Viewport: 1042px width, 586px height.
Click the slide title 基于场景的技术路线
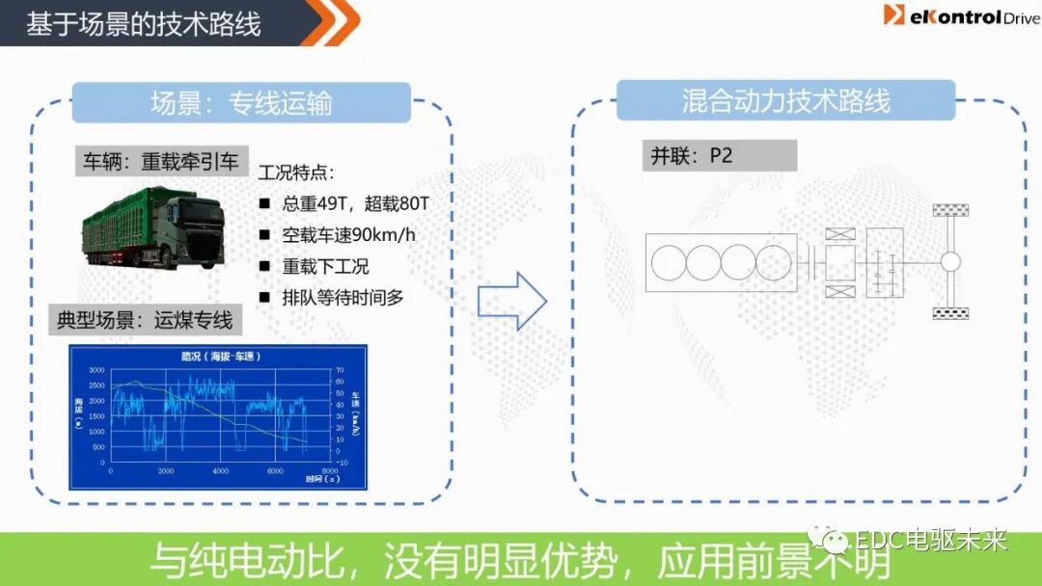pyautogui.click(x=144, y=24)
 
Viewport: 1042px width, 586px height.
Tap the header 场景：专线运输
pyautogui.click(x=241, y=102)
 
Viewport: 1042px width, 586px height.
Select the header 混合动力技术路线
pyautogui.click(x=785, y=100)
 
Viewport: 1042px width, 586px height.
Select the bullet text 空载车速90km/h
pyautogui.click(x=348, y=234)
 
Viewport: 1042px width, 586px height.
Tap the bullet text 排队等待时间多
pyautogui.click(x=343, y=297)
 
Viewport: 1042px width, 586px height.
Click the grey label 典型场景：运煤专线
pyautogui.click(x=145, y=320)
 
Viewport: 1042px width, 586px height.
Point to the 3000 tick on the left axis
pyautogui.click(x=96, y=370)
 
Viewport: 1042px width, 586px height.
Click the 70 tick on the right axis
pyautogui.click(x=339, y=370)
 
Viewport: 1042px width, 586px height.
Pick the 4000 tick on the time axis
pyautogui.click(x=220, y=471)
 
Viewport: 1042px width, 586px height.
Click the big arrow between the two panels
pyautogui.click(x=512, y=301)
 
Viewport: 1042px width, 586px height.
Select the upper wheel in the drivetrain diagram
pyautogui.click(x=950, y=210)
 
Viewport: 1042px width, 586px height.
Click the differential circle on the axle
pyautogui.click(x=950, y=261)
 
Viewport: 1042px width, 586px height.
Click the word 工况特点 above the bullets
pyautogui.click(x=297, y=173)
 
